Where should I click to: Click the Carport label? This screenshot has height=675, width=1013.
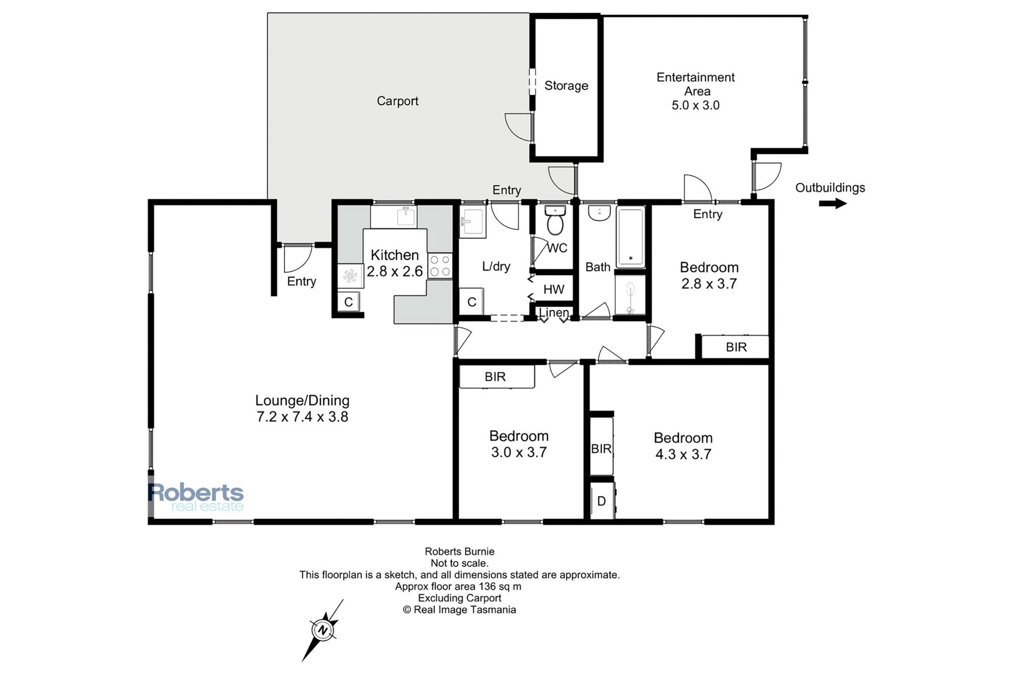398,101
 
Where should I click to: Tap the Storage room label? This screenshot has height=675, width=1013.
566,86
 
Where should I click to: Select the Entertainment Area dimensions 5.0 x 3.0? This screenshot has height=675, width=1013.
695,105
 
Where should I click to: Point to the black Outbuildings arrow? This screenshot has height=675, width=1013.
833,204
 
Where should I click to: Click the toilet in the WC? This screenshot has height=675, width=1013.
556,220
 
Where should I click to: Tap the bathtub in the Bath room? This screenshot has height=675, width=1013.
631,237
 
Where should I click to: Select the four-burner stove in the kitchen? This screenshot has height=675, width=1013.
440,266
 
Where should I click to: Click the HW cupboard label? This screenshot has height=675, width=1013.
554,289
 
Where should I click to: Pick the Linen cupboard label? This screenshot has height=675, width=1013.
554,313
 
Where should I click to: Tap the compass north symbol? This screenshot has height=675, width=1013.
323,630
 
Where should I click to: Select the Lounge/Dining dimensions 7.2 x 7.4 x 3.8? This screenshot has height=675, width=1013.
302,417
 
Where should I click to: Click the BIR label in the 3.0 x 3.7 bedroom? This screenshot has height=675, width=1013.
495,377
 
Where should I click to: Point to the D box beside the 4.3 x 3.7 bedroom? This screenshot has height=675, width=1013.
602,501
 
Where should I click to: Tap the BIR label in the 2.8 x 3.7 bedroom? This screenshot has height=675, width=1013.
736,347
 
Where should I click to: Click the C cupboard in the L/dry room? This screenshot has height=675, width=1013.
472,302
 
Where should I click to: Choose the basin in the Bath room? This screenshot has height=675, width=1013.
600,213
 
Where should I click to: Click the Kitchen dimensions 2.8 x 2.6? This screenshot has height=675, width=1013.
395,271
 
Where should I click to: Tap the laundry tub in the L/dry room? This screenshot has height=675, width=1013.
473,221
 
